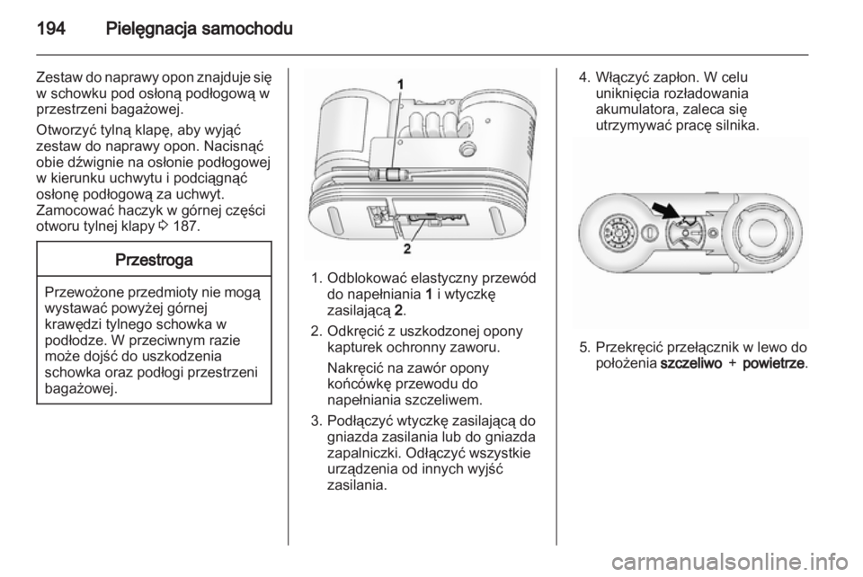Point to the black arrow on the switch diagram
pos(666,212)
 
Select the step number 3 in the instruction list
pos(311,420)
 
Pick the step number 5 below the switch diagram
pos(581,346)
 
